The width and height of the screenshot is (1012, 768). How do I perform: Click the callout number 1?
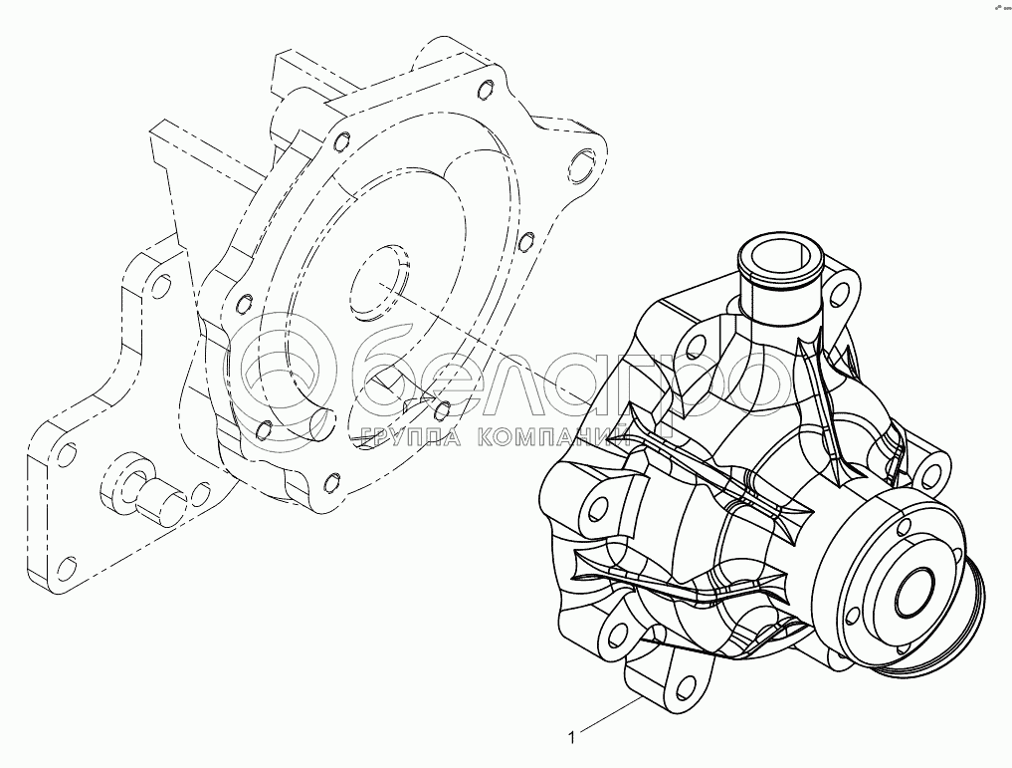(x=571, y=738)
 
